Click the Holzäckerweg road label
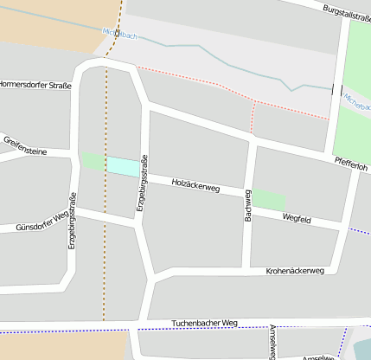click(195, 184)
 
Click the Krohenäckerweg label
click(295, 271)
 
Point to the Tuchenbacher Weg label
click(204, 323)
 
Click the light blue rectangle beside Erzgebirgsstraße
click(122, 165)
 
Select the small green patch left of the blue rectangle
click(92, 161)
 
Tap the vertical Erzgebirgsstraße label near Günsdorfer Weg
click(73, 221)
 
